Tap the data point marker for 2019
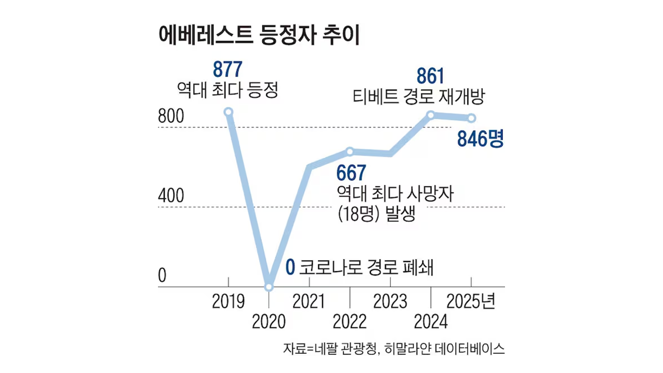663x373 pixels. pos(228,112)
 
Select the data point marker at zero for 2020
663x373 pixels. pos(269,286)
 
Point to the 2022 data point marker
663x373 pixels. pos(350,151)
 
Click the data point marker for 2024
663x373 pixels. pos(431,115)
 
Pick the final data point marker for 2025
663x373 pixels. pos(471,118)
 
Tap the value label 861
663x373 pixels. pos(430,77)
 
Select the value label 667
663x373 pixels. pos(351,173)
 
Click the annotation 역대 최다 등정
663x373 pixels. pos(228,92)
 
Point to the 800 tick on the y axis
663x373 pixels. pos(171,118)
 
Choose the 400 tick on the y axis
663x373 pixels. pos(171,197)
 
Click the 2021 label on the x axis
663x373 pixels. pos(309,302)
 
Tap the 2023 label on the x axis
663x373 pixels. pos(390,302)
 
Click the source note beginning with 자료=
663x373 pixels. pos(394,349)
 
